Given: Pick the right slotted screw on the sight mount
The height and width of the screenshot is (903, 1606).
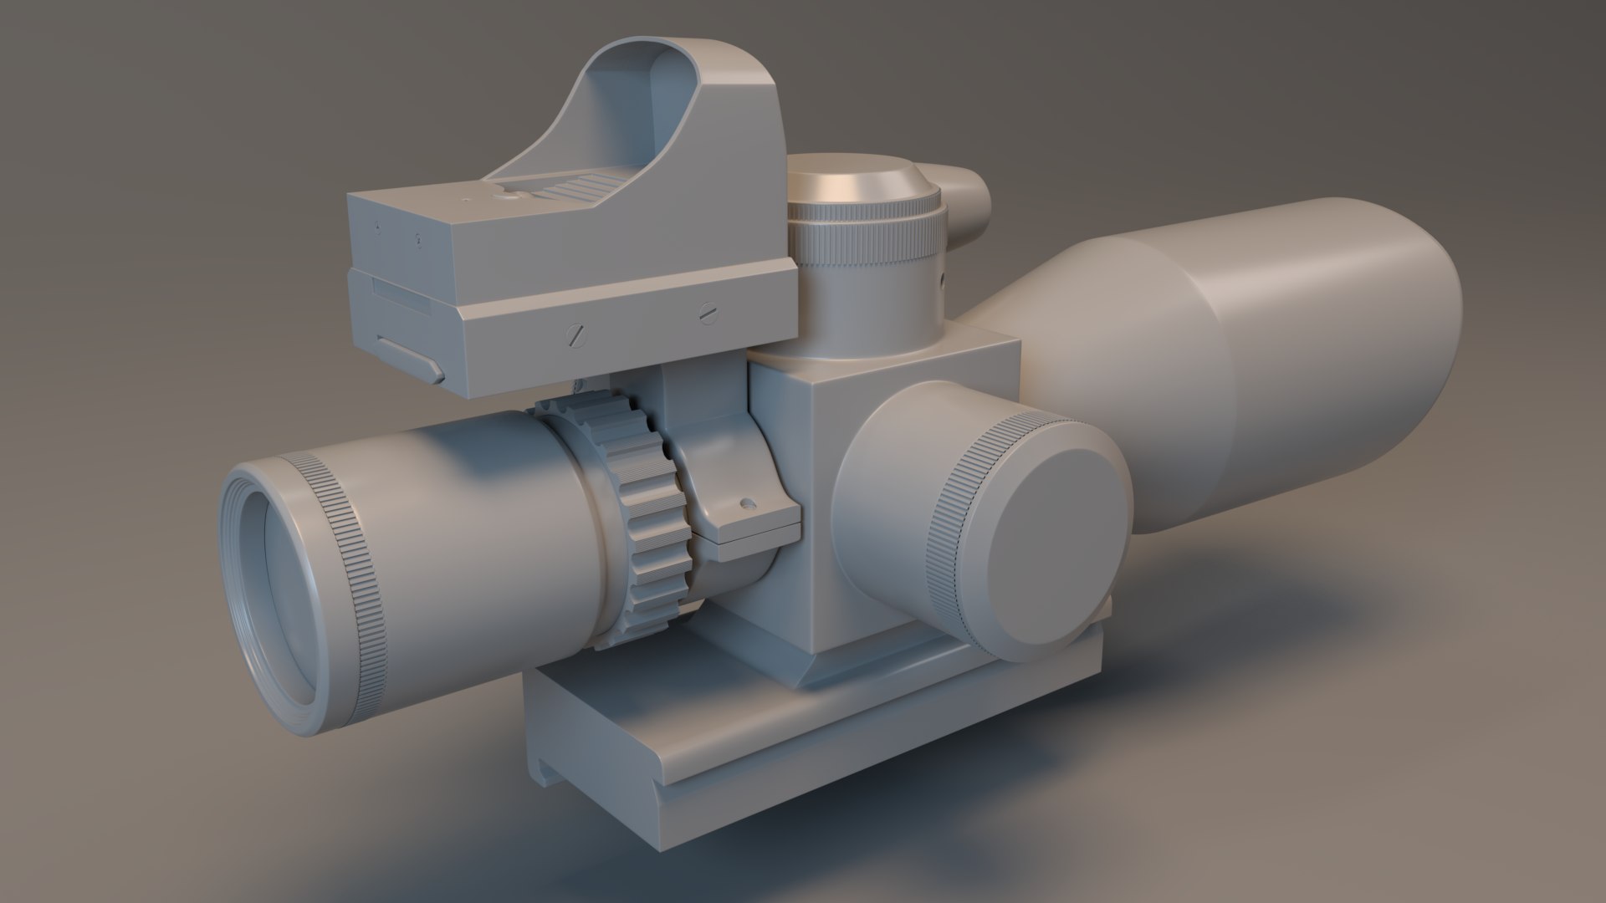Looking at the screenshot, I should tap(708, 313).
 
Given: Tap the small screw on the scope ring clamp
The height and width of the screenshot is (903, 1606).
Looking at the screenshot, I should tap(747, 504).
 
